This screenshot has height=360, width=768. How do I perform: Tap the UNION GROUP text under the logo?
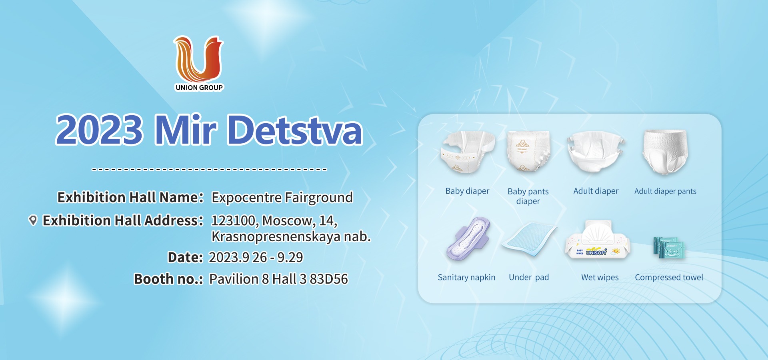pyautogui.click(x=199, y=88)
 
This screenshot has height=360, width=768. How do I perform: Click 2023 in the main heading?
pyautogui.click(x=99, y=130)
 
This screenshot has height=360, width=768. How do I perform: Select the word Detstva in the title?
pyautogui.click(x=295, y=130)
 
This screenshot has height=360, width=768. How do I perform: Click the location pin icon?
pyautogui.click(x=33, y=220)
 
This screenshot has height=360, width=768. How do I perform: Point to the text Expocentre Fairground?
pyautogui.click(x=282, y=198)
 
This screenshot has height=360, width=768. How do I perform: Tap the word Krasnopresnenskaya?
pyautogui.click(x=276, y=237)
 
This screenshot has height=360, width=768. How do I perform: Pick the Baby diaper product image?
pyautogui.click(x=468, y=152)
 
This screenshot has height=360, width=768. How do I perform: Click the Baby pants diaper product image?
pyautogui.click(x=528, y=151)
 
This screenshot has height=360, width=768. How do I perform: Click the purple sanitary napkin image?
pyautogui.click(x=468, y=239)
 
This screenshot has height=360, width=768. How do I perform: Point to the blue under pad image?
pyautogui.click(x=529, y=239)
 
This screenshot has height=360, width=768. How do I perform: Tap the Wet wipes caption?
pyautogui.click(x=600, y=278)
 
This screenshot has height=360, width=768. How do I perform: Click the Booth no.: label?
pyautogui.click(x=168, y=279)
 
